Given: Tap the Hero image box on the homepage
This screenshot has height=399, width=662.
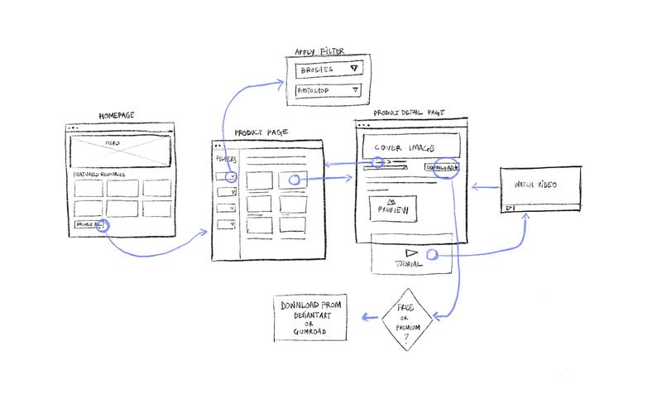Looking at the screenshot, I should [119, 153].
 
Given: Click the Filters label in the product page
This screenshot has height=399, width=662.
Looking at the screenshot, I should [226, 159].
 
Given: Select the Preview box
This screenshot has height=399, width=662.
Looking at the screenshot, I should [393, 208].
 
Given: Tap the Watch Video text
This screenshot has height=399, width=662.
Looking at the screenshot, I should [535, 185].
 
